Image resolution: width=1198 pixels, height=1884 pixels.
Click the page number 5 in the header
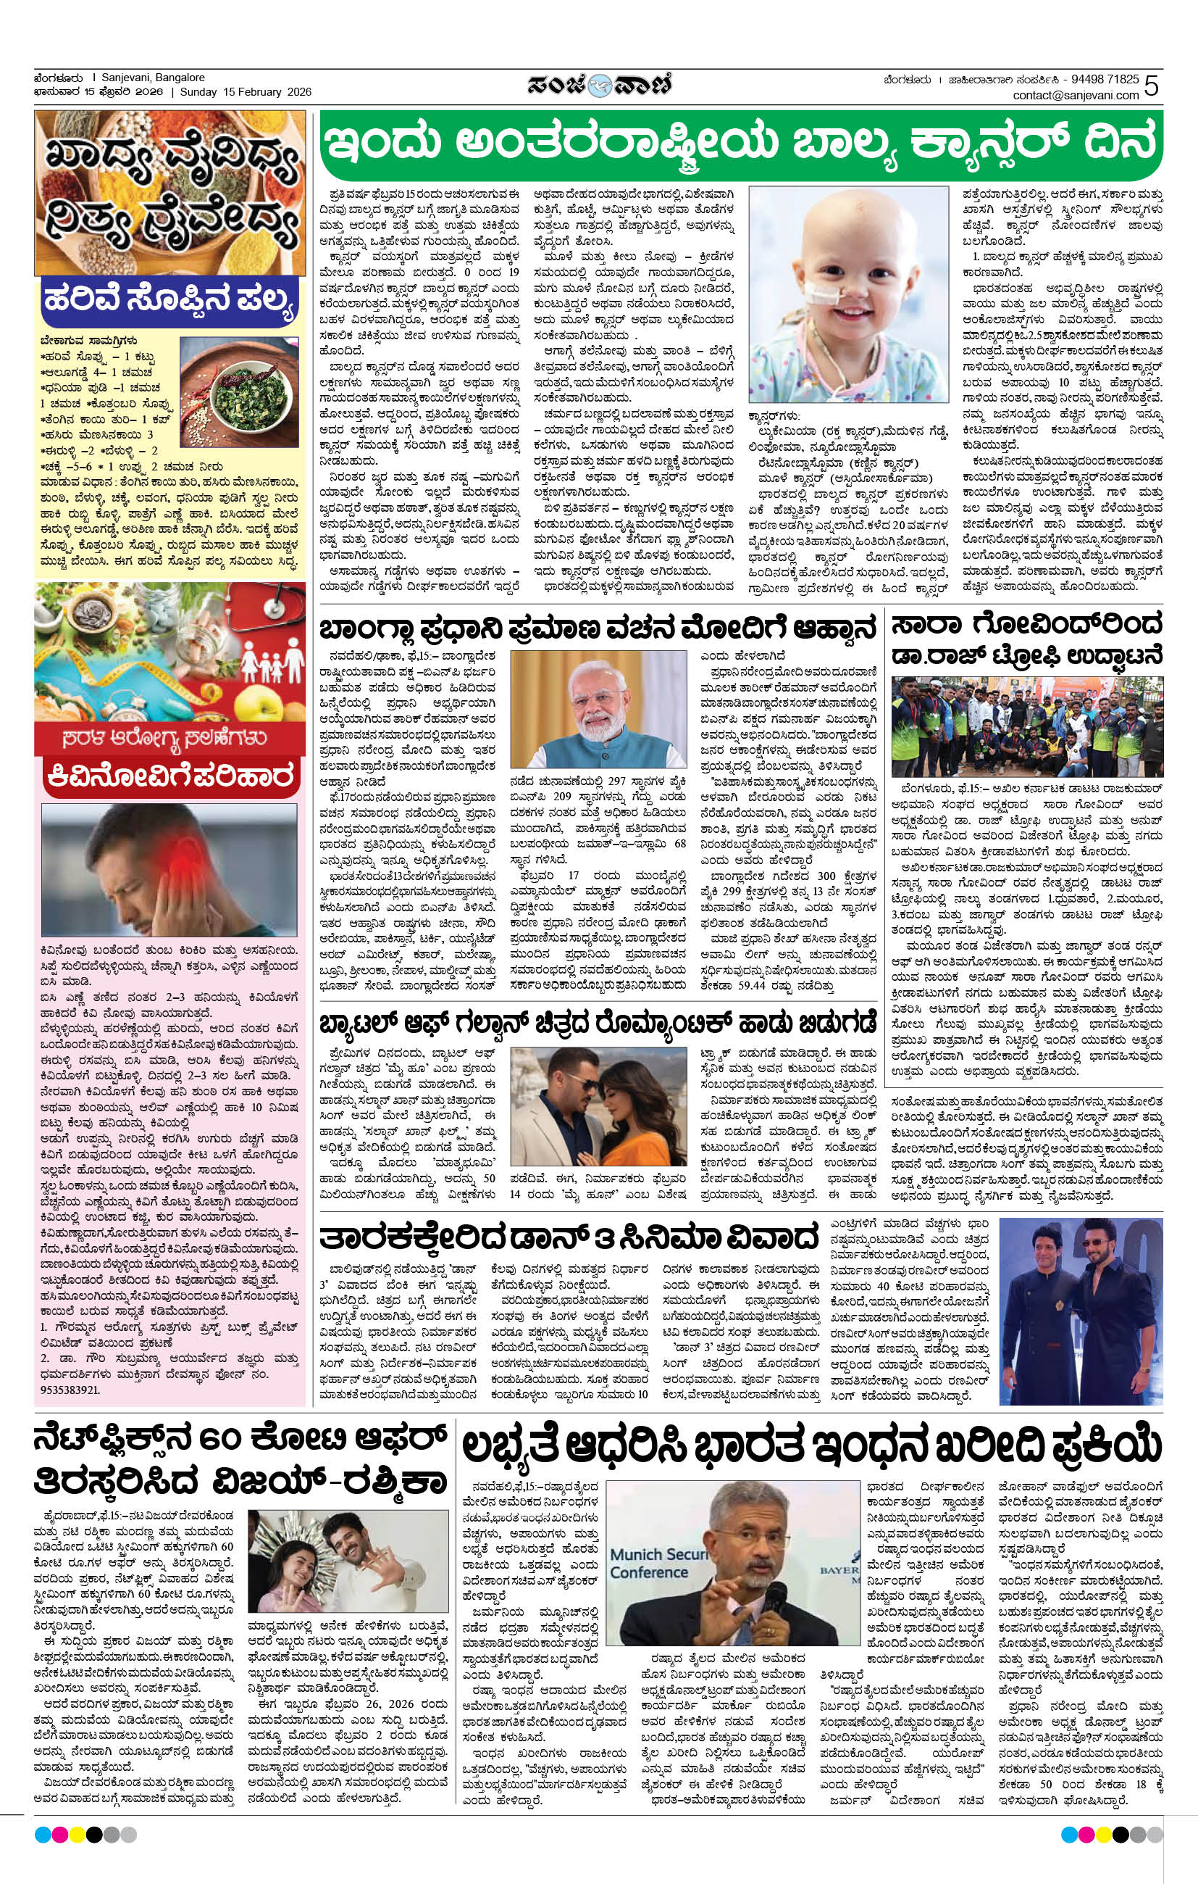coord(1151,86)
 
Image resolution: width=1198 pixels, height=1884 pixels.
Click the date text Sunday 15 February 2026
coord(246,92)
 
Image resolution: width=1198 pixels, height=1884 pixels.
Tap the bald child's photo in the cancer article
coord(847,295)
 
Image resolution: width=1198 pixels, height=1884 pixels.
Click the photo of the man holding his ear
coord(169,871)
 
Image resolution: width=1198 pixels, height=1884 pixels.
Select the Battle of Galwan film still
coord(598,1103)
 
